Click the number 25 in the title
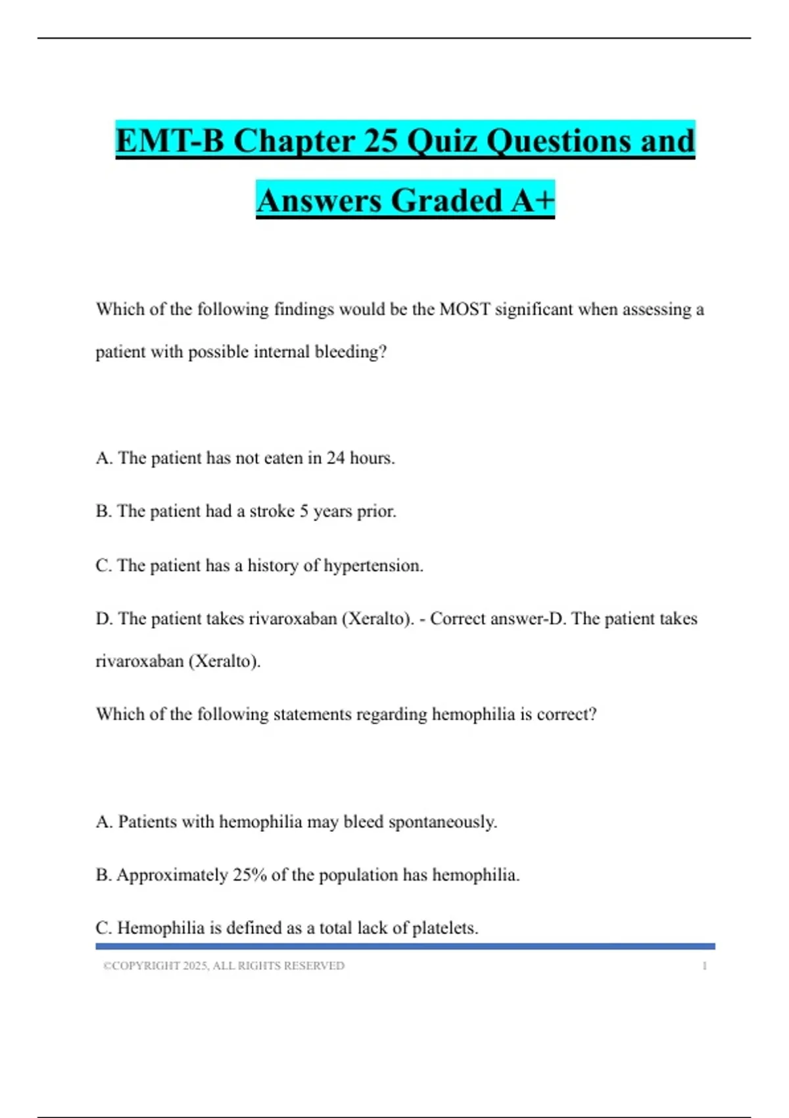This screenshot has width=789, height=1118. pos(380,141)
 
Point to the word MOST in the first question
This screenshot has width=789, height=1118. pos(464,309)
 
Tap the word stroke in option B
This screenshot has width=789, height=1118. pos(272,511)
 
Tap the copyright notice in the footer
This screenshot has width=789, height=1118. pos(224,965)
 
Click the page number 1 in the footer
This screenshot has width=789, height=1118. pos(704,965)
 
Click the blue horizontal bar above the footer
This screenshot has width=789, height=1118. pos(405,946)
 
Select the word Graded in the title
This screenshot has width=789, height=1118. pos(447,200)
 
